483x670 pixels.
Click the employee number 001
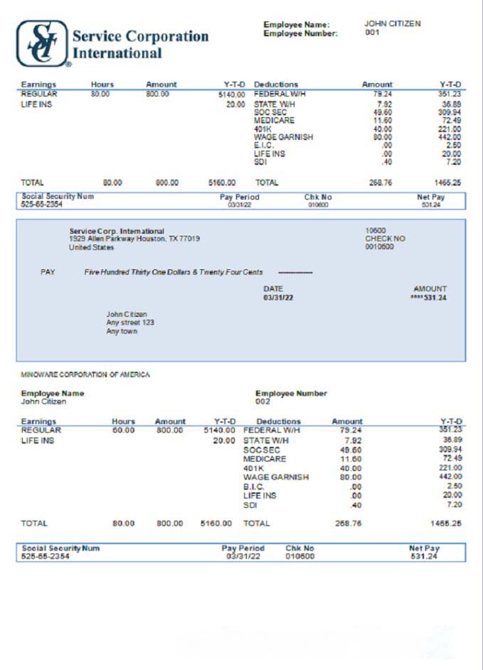[372, 33]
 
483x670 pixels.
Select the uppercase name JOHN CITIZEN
[392, 23]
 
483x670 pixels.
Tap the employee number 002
[263, 401]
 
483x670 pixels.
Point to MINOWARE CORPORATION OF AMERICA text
[85, 374]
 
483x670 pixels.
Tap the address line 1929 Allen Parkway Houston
[134, 239]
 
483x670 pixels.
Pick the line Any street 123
[130, 323]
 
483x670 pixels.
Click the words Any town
[122, 332]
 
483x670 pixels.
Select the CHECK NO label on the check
[385, 239]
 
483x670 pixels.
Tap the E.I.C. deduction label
[265, 145]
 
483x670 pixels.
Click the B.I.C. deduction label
[254, 487]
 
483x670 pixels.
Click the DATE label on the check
[273, 288]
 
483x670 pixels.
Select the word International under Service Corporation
[117, 53]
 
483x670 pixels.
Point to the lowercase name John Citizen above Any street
[127, 314]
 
